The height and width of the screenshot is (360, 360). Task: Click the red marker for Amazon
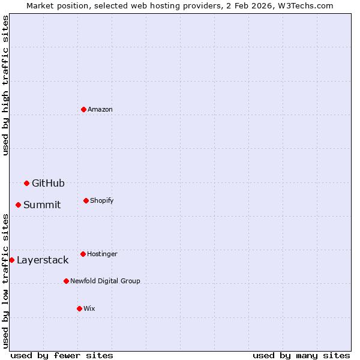tap(83, 109)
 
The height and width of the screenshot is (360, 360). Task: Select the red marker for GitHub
tap(26, 183)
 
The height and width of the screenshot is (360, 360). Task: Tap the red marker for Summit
tap(18, 205)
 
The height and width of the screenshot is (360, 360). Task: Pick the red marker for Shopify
tap(86, 200)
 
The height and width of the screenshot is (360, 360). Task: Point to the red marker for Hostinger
tap(83, 254)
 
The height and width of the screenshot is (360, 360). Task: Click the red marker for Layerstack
tap(11, 260)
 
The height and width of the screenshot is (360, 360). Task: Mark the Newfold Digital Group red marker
tap(66, 281)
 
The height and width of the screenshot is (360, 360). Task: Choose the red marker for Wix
tap(79, 308)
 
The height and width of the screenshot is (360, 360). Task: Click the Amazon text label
tap(100, 109)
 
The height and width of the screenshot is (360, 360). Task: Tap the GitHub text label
tap(48, 183)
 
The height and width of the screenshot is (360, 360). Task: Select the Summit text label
tap(42, 205)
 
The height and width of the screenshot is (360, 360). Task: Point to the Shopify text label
tap(102, 200)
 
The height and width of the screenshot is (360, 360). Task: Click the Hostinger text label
tap(102, 254)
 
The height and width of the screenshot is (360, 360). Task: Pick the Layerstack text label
tap(43, 260)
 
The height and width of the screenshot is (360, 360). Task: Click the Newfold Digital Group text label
tap(105, 281)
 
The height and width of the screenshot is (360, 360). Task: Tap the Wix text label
tap(89, 308)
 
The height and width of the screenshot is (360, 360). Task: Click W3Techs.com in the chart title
tap(305, 5)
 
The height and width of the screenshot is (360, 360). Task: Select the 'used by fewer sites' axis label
tap(62, 355)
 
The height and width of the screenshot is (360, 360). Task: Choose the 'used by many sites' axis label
tap(301, 355)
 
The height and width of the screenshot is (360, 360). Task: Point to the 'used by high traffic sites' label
tap(5, 85)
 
